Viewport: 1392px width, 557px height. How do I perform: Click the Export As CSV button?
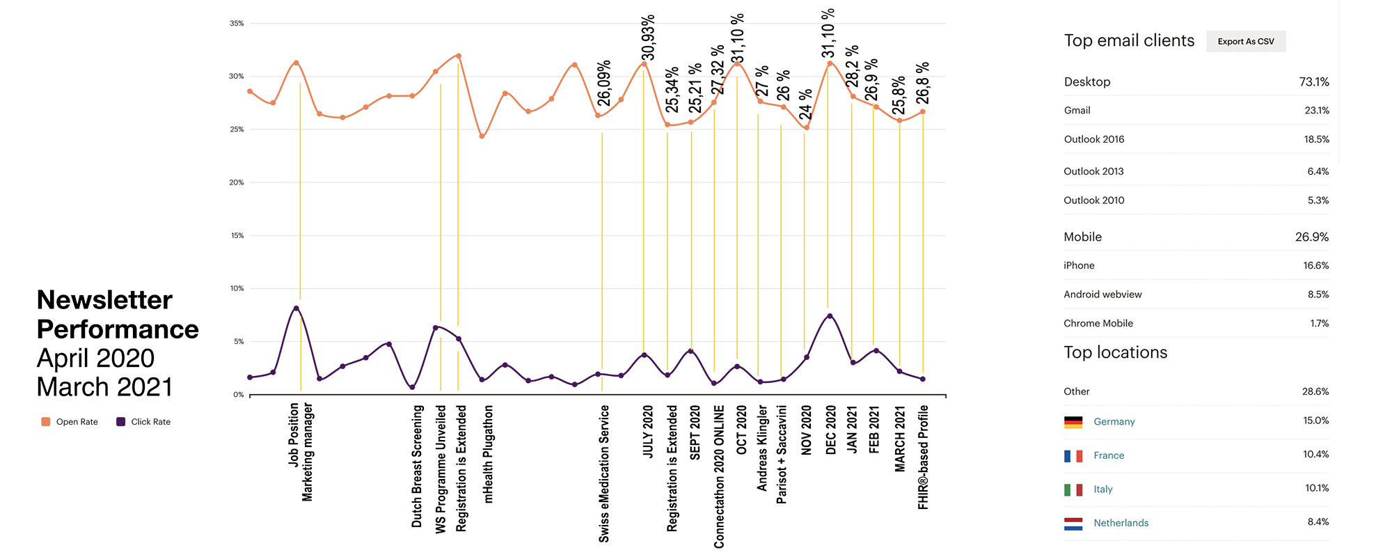tap(1246, 42)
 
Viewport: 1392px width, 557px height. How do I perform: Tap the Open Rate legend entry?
tap(70, 422)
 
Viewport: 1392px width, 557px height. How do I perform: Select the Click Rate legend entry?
tap(143, 422)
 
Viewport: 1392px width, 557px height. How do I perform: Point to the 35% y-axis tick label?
tap(237, 24)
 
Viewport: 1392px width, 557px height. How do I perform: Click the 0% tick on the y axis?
tap(238, 395)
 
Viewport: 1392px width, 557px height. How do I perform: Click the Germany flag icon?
tap(1073, 422)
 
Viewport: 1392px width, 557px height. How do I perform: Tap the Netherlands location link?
tap(1121, 523)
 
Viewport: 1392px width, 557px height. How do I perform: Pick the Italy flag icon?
tap(1073, 489)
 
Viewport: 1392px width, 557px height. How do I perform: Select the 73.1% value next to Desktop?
tap(1313, 82)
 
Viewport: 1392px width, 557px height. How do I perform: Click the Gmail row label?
tap(1077, 111)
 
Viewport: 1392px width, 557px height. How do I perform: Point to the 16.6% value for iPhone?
tap(1315, 266)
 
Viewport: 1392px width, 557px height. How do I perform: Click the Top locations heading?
tap(1115, 352)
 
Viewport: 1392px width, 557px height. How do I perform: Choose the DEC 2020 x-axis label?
tap(830, 430)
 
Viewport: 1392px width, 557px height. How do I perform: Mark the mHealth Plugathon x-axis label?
tap(488, 454)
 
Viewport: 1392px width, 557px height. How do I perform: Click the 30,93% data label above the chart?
tap(648, 38)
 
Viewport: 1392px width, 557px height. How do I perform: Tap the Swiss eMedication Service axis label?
tap(604, 473)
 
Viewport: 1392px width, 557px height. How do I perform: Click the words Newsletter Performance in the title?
tap(117, 315)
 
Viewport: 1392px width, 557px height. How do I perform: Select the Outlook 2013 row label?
tap(1093, 171)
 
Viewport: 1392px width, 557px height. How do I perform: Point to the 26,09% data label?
tap(604, 84)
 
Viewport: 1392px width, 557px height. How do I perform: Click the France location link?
tap(1109, 455)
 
